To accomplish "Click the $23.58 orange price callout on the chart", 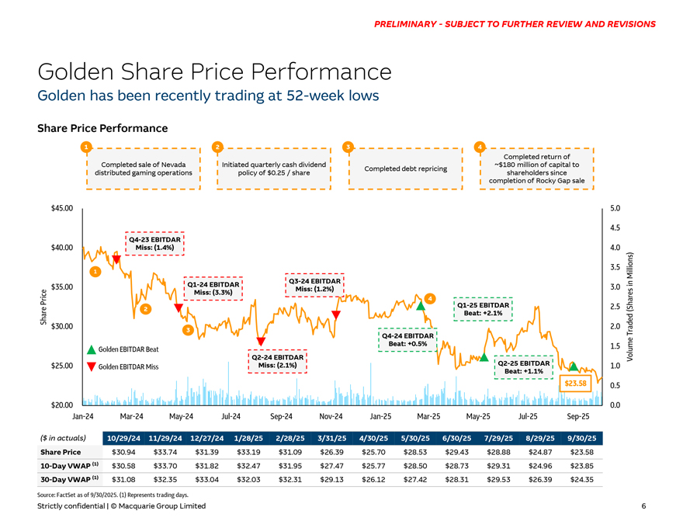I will click(576, 383).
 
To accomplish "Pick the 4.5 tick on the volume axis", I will click(615, 228).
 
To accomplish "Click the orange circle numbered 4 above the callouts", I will click(480, 147).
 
